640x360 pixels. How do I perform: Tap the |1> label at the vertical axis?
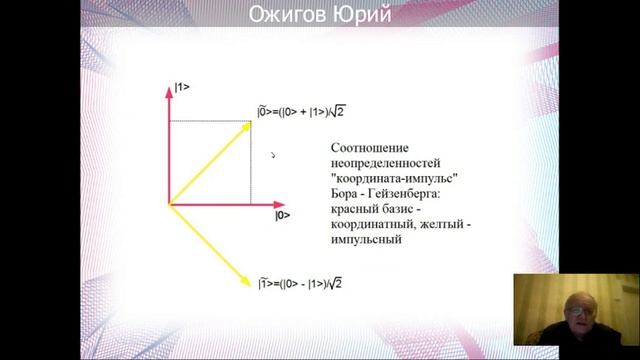(182, 88)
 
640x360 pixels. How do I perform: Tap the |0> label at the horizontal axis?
(282, 215)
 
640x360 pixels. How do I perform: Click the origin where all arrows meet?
(169, 204)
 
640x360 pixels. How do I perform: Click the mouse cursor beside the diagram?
(273, 155)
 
